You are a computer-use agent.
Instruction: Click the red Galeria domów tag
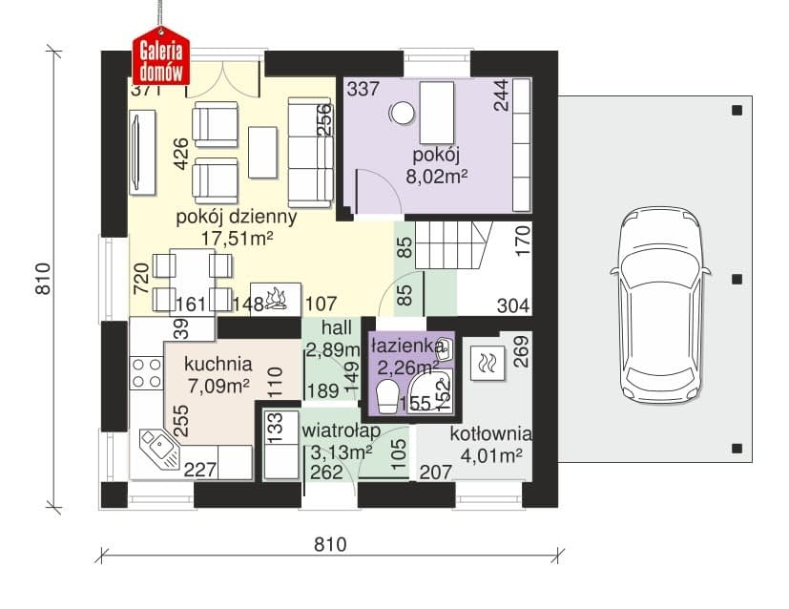161,56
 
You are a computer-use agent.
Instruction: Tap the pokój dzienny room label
236,218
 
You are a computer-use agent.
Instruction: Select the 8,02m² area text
436,177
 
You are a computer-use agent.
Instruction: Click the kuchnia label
218,364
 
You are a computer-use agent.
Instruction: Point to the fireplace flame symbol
276,298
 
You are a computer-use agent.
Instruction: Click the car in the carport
661,304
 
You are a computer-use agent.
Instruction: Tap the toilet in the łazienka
387,397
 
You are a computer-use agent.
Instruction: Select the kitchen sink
160,449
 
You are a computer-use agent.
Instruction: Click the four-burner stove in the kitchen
146,373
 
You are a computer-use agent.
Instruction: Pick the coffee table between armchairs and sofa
262,152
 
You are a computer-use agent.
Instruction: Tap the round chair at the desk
404,113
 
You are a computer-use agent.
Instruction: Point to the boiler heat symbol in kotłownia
488,363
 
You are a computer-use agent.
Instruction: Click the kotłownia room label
490,434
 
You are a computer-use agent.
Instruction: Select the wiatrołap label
341,431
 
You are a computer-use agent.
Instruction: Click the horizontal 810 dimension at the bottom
331,544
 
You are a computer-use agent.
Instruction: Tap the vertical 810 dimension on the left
44,279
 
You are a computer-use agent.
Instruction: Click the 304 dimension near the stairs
513,305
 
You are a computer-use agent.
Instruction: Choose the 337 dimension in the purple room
363,89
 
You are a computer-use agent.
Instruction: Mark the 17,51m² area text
237,239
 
